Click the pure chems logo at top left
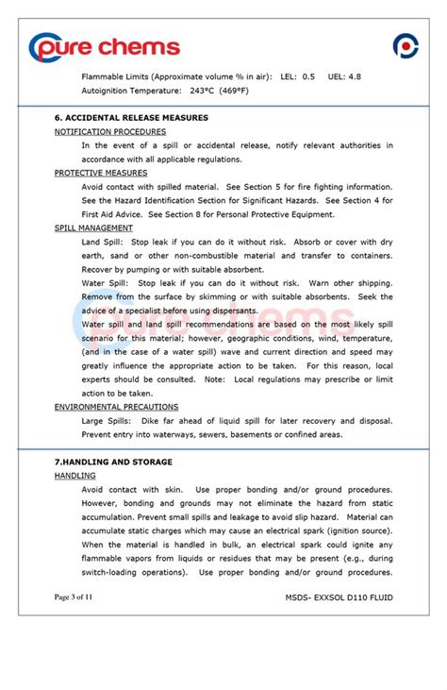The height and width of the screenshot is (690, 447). pos(104,46)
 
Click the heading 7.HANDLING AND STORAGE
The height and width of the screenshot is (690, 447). pos(113,462)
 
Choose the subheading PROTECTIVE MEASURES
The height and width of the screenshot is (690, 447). pos(101,173)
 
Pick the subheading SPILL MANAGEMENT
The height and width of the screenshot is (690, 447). pos(93,227)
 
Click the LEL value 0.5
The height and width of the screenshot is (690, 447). pos(308,76)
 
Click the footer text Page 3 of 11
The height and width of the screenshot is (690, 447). pos(74,597)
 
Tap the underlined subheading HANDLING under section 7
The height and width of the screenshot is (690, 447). pos(74,476)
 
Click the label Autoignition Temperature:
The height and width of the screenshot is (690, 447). pos(131,91)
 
